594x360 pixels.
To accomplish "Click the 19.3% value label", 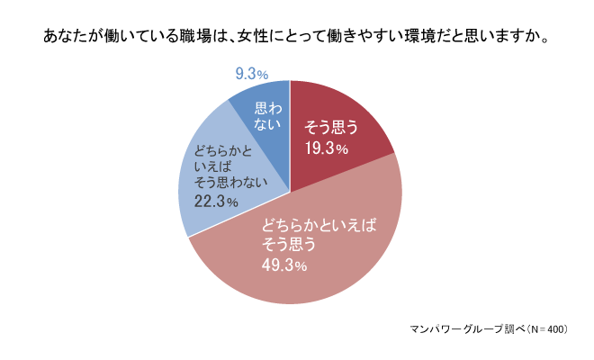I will [324, 148].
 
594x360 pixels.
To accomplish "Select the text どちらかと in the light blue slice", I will [220, 149].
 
